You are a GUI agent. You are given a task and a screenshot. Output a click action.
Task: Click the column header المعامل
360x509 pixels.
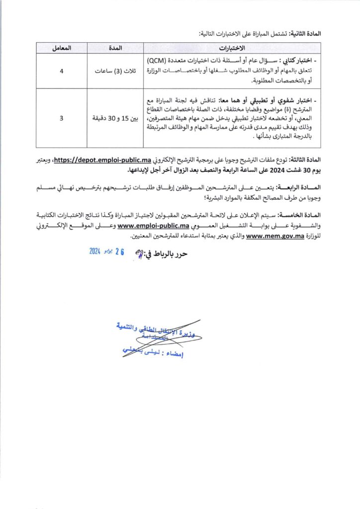pyautogui.click(x=62, y=48)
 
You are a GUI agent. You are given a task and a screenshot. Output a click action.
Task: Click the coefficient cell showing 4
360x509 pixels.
pyautogui.click(x=62, y=71)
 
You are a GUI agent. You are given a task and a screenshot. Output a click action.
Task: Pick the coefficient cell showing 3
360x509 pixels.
pyautogui.click(x=62, y=118)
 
